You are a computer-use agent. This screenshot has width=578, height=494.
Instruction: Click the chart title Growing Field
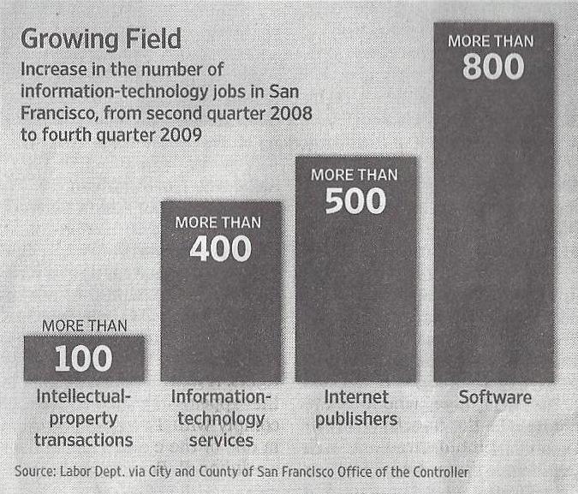pyautogui.click(x=101, y=39)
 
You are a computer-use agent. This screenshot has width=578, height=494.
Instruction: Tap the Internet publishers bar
pyautogui.click(x=355, y=291)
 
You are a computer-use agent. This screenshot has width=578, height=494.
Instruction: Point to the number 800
pyautogui.click(x=493, y=67)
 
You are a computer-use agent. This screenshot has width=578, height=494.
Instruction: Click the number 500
pyautogui.click(x=355, y=200)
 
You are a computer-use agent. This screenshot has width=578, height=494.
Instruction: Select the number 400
pyautogui.click(x=221, y=248)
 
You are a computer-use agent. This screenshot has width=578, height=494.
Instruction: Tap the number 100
pyautogui.click(x=83, y=360)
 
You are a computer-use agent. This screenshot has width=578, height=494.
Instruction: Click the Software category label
pyautogui.click(x=494, y=397)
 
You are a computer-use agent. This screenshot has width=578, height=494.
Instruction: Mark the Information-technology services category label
pyautogui.click(x=221, y=419)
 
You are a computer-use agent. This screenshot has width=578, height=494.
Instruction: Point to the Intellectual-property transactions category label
pyautogui.click(x=84, y=419)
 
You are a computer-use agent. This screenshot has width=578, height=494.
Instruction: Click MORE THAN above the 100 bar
pyautogui.click(x=84, y=325)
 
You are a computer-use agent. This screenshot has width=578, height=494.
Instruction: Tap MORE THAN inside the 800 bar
pyautogui.click(x=494, y=40)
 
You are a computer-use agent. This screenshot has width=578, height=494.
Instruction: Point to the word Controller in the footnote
pyautogui.click(x=438, y=472)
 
